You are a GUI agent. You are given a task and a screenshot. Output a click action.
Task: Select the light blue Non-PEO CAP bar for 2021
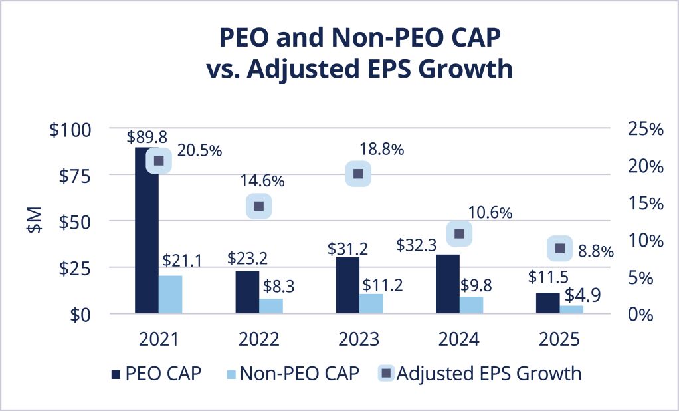[x=171, y=295]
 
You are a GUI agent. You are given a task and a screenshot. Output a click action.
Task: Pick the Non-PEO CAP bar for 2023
[x=371, y=303]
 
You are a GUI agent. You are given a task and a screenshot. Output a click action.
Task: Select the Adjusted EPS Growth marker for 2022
[x=258, y=206]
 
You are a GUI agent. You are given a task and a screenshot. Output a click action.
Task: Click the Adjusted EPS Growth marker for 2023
[x=358, y=174]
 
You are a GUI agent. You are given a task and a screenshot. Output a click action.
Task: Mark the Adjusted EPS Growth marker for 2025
[x=559, y=248]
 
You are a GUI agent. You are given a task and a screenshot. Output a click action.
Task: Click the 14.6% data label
[x=262, y=180]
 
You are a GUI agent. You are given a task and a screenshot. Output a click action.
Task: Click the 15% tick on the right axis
[x=645, y=204]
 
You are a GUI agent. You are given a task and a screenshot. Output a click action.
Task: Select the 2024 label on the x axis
[x=458, y=339]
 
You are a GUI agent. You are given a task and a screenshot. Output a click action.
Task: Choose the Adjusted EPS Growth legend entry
[x=479, y=374]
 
